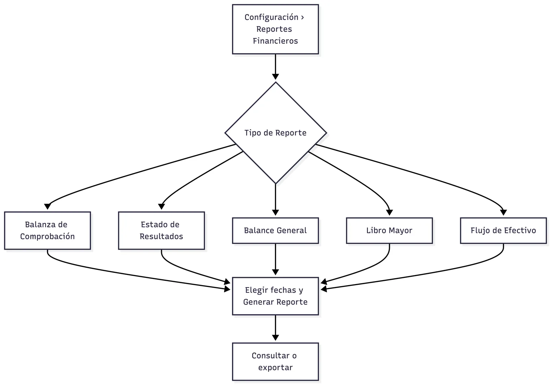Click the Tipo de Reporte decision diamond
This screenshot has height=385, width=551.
[275, 133]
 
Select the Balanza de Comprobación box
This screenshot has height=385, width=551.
[47, 230]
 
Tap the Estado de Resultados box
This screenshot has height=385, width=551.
[162, 230]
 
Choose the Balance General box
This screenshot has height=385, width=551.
[275, 230]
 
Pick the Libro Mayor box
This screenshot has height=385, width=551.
[389, 230]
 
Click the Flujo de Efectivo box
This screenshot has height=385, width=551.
[504, 230]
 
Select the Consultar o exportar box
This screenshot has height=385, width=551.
[275, 361]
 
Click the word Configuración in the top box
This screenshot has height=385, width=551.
[271, 17]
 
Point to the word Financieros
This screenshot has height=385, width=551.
[275, 41]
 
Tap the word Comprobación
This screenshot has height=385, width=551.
[47, 237]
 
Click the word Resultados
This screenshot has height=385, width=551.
[162, 237]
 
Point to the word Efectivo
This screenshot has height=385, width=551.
[520, 230]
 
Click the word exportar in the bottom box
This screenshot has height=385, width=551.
[275, 368]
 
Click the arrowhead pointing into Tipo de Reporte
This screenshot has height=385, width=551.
[275, 77]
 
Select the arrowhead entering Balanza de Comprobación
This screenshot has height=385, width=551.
[47, 206]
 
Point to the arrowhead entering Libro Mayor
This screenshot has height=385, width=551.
[389, 212]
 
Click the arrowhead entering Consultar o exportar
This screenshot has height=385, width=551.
[275, 338]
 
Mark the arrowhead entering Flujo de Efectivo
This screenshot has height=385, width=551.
[504, 212]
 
